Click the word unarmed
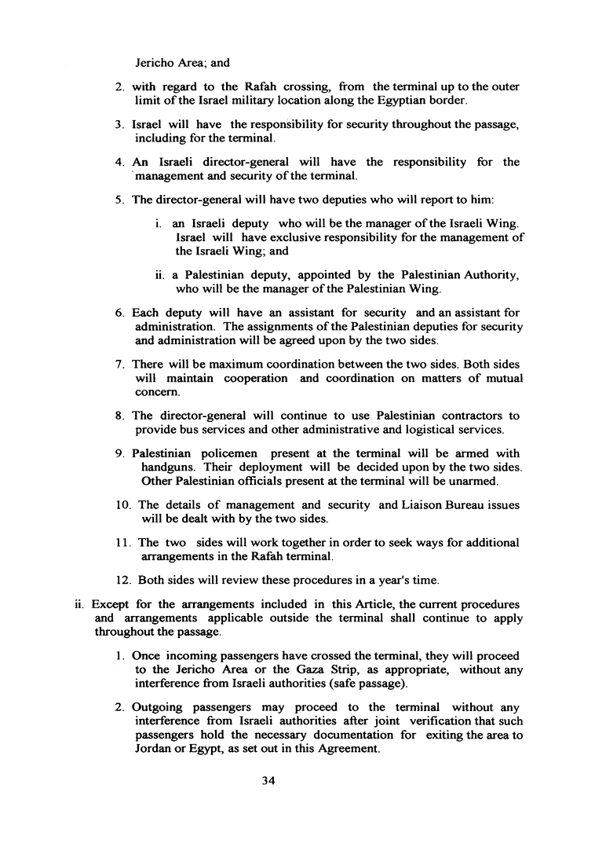(x=471, y=481)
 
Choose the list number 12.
(x=122, y=581)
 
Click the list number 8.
(x=119, y=416)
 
